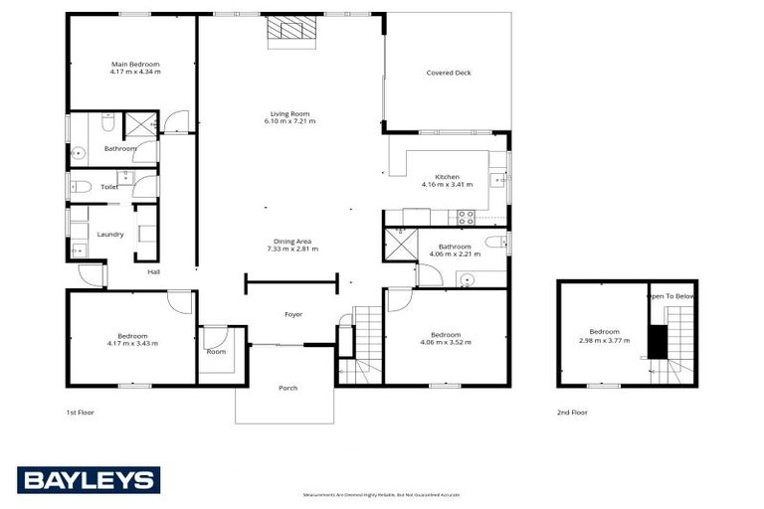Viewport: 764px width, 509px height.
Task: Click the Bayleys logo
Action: click(x=88, y=479)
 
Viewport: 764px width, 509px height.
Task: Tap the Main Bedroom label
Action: click(x=134, y=64)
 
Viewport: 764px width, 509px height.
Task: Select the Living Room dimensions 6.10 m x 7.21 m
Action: click(x=289, y=121)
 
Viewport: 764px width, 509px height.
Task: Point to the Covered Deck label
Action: click(x=448, y=73)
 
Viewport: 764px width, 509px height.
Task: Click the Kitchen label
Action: click(x=447, y=176)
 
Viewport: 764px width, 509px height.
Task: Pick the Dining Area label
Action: click(x=291, y=241)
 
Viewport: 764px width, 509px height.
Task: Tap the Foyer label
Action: click(x=293, y=314)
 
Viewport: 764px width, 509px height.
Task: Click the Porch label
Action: click(x=287, y=388)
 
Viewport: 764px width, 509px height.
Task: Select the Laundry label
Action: click(x=110, y=235)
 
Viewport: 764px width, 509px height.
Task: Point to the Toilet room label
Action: click(x=109, y=186)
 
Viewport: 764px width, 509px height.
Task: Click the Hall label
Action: click(x=153, y=271)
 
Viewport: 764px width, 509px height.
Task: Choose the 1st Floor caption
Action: click(x=79, y=410)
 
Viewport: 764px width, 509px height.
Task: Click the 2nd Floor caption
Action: click(x=572, y=410)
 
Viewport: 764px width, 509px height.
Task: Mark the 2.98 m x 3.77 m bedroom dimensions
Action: click(x=604, y=340)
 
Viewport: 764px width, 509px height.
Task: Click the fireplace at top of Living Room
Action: click(x=290, y=31)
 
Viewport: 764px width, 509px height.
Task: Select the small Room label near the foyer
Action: click(x=216, y=351)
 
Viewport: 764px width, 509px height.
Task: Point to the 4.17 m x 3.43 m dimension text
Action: click(x=132, y=343)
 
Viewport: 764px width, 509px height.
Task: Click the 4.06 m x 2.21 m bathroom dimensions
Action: click(x=455, y=254)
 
